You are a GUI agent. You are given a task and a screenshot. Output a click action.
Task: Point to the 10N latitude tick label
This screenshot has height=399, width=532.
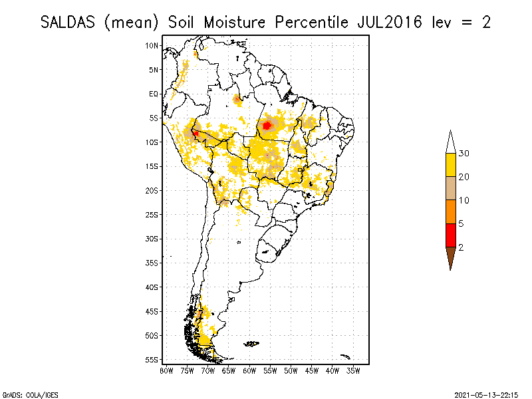pyautogui.click(x=152, y=45)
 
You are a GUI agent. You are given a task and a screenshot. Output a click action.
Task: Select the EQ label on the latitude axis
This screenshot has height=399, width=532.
pyautogui.click(x=154, y=94)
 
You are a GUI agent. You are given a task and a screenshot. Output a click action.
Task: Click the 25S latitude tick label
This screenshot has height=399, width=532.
pyautogui.click(x=152, y=214)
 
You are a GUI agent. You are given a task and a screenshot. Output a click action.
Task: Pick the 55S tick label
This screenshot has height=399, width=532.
pyautogui.click(x=152, y=359)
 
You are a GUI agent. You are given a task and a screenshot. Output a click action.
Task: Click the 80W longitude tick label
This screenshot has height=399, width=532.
pyautogui.click(x=166, y=370)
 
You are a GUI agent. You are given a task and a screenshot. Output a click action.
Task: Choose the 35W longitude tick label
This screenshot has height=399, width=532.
pyautogui.click(x=354, y=370)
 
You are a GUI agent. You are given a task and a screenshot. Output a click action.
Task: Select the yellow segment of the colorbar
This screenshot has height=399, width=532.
pyautogui.click(x=450, y=165)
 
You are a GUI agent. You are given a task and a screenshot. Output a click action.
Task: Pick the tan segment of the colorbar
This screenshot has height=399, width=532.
pyautogui.click(x=450, y=188)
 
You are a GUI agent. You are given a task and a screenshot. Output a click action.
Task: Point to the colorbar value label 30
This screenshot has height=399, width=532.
pyautogui.click(x=464, y=154)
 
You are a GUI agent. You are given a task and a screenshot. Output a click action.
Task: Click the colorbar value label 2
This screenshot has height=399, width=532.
pyautogui.click(x=462, y=247)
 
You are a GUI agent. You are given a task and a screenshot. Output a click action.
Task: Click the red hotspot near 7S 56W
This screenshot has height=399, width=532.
pyautogui.click(x=267, y=125)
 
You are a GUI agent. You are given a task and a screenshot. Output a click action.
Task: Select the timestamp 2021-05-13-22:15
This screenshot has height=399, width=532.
pyautogui.click(x=486, y=394)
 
